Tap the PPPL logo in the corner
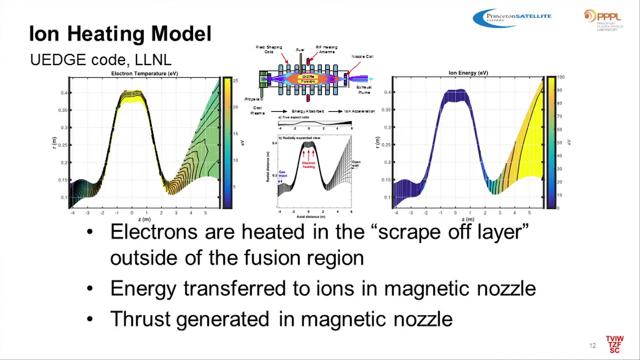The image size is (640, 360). [x=603, y=20]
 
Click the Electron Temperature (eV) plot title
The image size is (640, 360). [x=144, y=73]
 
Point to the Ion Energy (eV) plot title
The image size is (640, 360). [x=468, y=73]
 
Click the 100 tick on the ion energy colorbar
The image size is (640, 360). [x=560, y=77]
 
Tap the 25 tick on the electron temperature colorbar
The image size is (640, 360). [x=235, y=80]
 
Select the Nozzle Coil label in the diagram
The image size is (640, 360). [x=362, y=56]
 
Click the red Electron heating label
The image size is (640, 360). [x=308, y=164]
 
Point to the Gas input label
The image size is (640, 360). [x=282, y=173]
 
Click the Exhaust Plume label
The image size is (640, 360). [x=363, y=89]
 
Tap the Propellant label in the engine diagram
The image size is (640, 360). [x=254, y=99]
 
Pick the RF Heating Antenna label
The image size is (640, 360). [x=326, y=49]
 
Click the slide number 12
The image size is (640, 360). [x=592, y=345]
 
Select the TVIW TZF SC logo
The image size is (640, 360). [x=614, y=344]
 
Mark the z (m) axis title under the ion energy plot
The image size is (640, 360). [x=467, y=219]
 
